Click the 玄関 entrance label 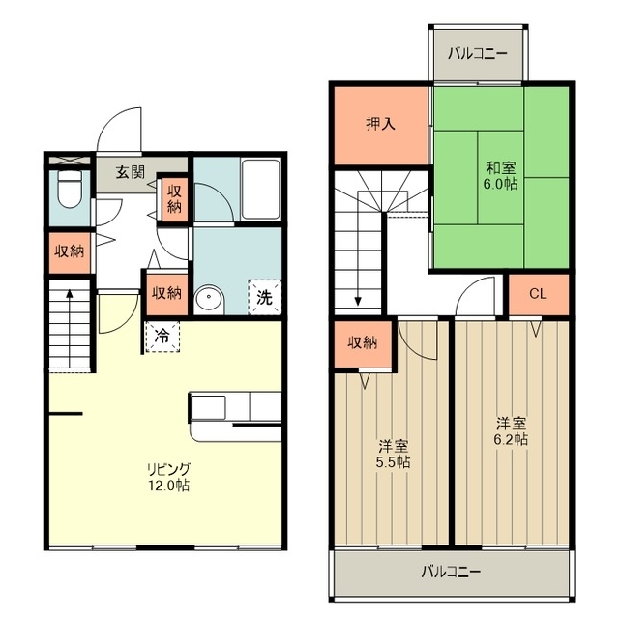(130, 172)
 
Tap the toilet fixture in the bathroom (70, 189)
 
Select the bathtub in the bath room (260, 190)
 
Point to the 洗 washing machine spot (264, 297)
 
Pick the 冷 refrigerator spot (162, 337)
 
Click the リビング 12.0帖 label (169, 477)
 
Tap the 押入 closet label (380, 124)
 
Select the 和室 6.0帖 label (501, 176)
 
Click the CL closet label (538, 294)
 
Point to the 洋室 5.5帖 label (393, 455)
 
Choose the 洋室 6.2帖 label (511, 431)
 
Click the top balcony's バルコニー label (478, 54)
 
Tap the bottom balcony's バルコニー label (451, 572)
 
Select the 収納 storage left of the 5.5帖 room (363, 343)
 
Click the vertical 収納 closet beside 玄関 (174, 199)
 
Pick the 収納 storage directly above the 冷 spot (167, 293)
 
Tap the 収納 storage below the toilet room (70, 251)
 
